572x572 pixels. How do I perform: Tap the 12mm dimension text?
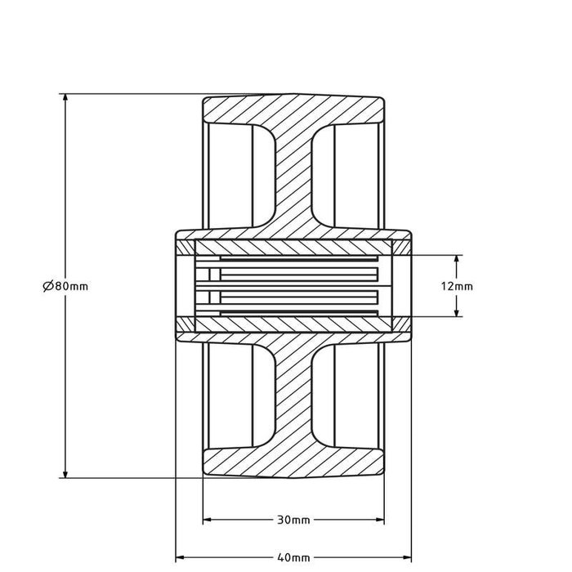pyautogui.click(x=457, y=286)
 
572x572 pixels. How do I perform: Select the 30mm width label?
pyautogui.click(x=293, y=520)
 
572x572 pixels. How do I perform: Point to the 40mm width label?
pyautogui.click(x=293, y=558)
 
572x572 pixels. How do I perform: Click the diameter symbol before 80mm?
pyautogui.click(x=47, y=286)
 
